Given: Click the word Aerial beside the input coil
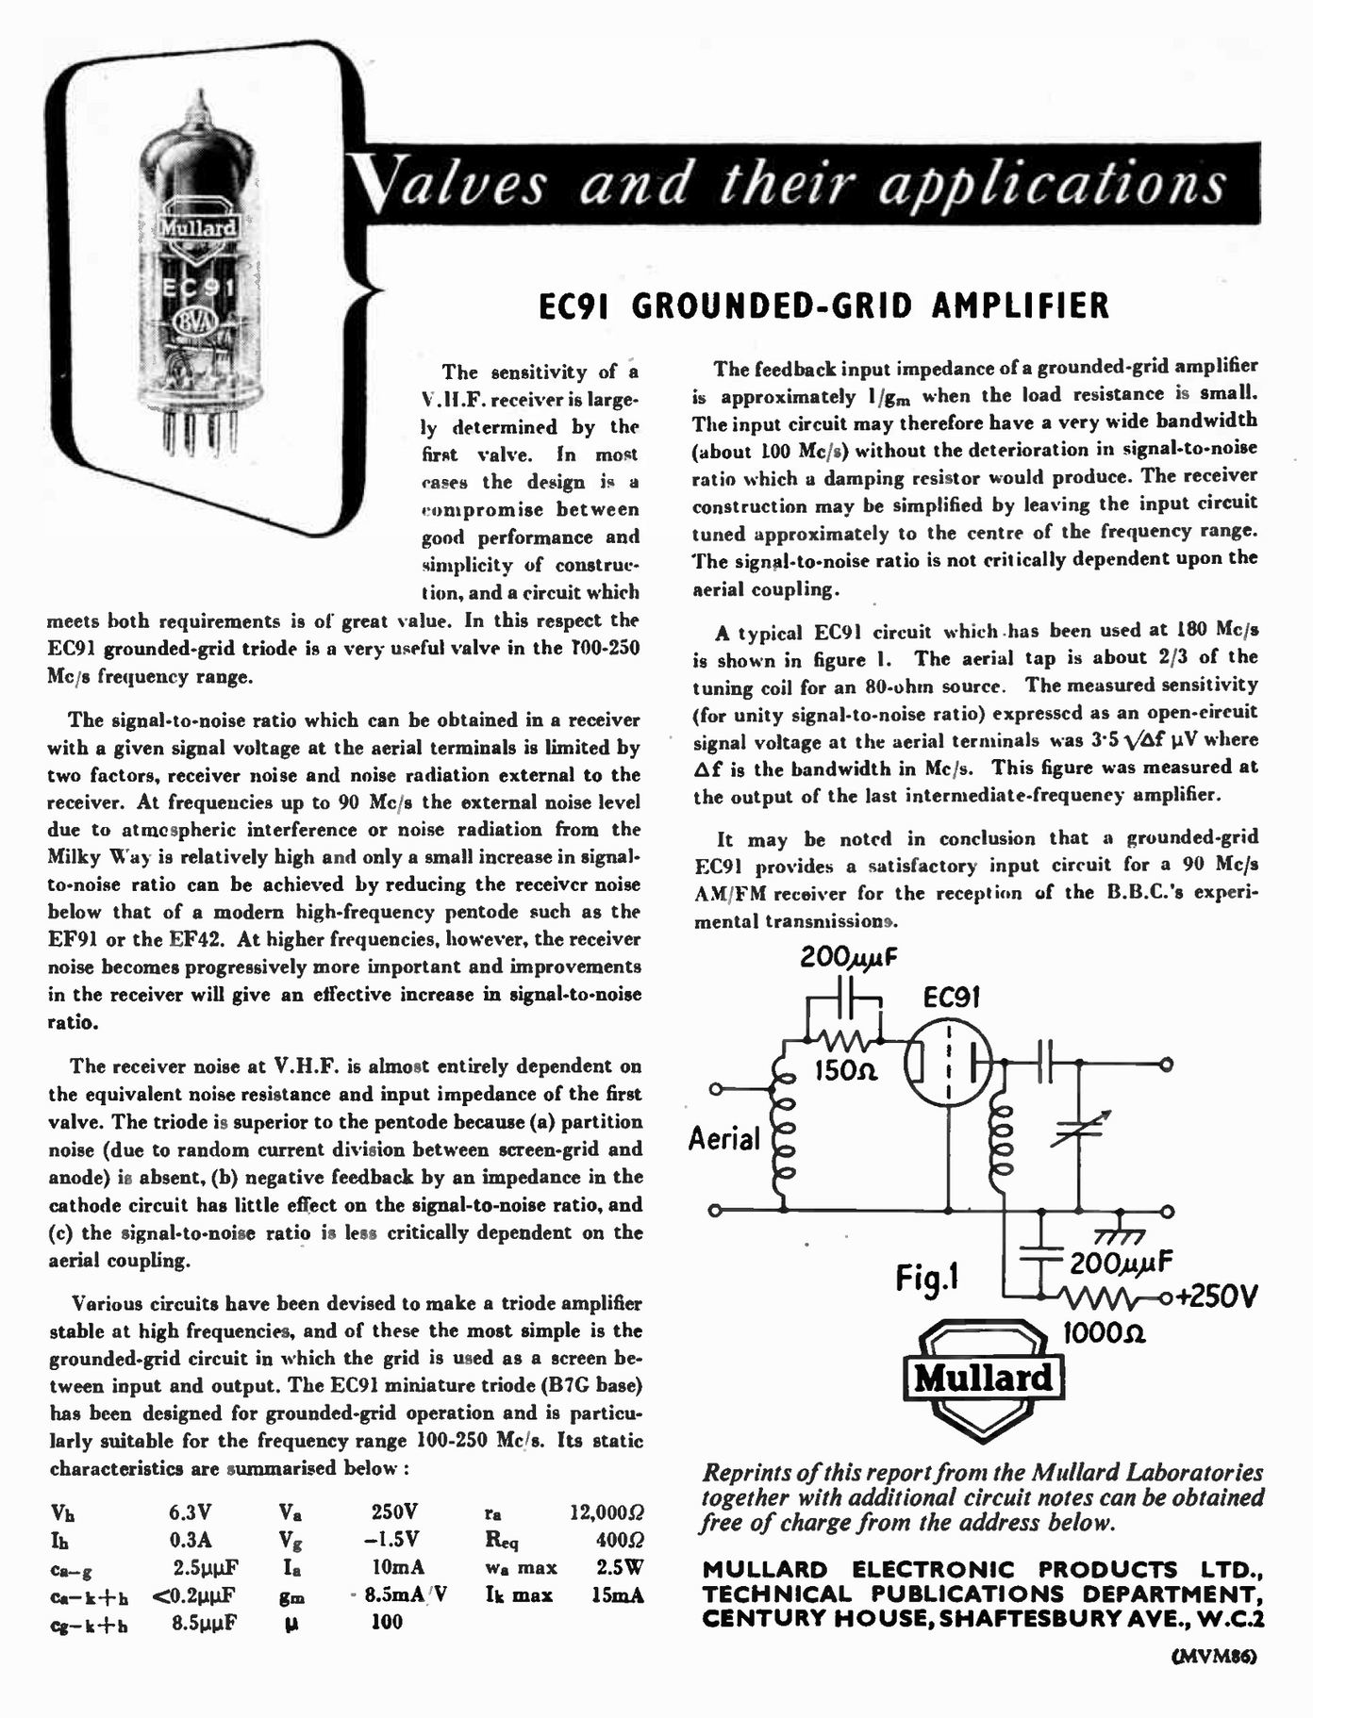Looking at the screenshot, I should click(724, 1139).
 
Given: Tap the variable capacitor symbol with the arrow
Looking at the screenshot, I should click(1078, 1131).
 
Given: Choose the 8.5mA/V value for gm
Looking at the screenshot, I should click(403, 1594).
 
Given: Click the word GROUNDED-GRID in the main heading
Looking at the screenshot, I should click(773, 306).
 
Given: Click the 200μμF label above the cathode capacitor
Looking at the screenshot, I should click(849, 958).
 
